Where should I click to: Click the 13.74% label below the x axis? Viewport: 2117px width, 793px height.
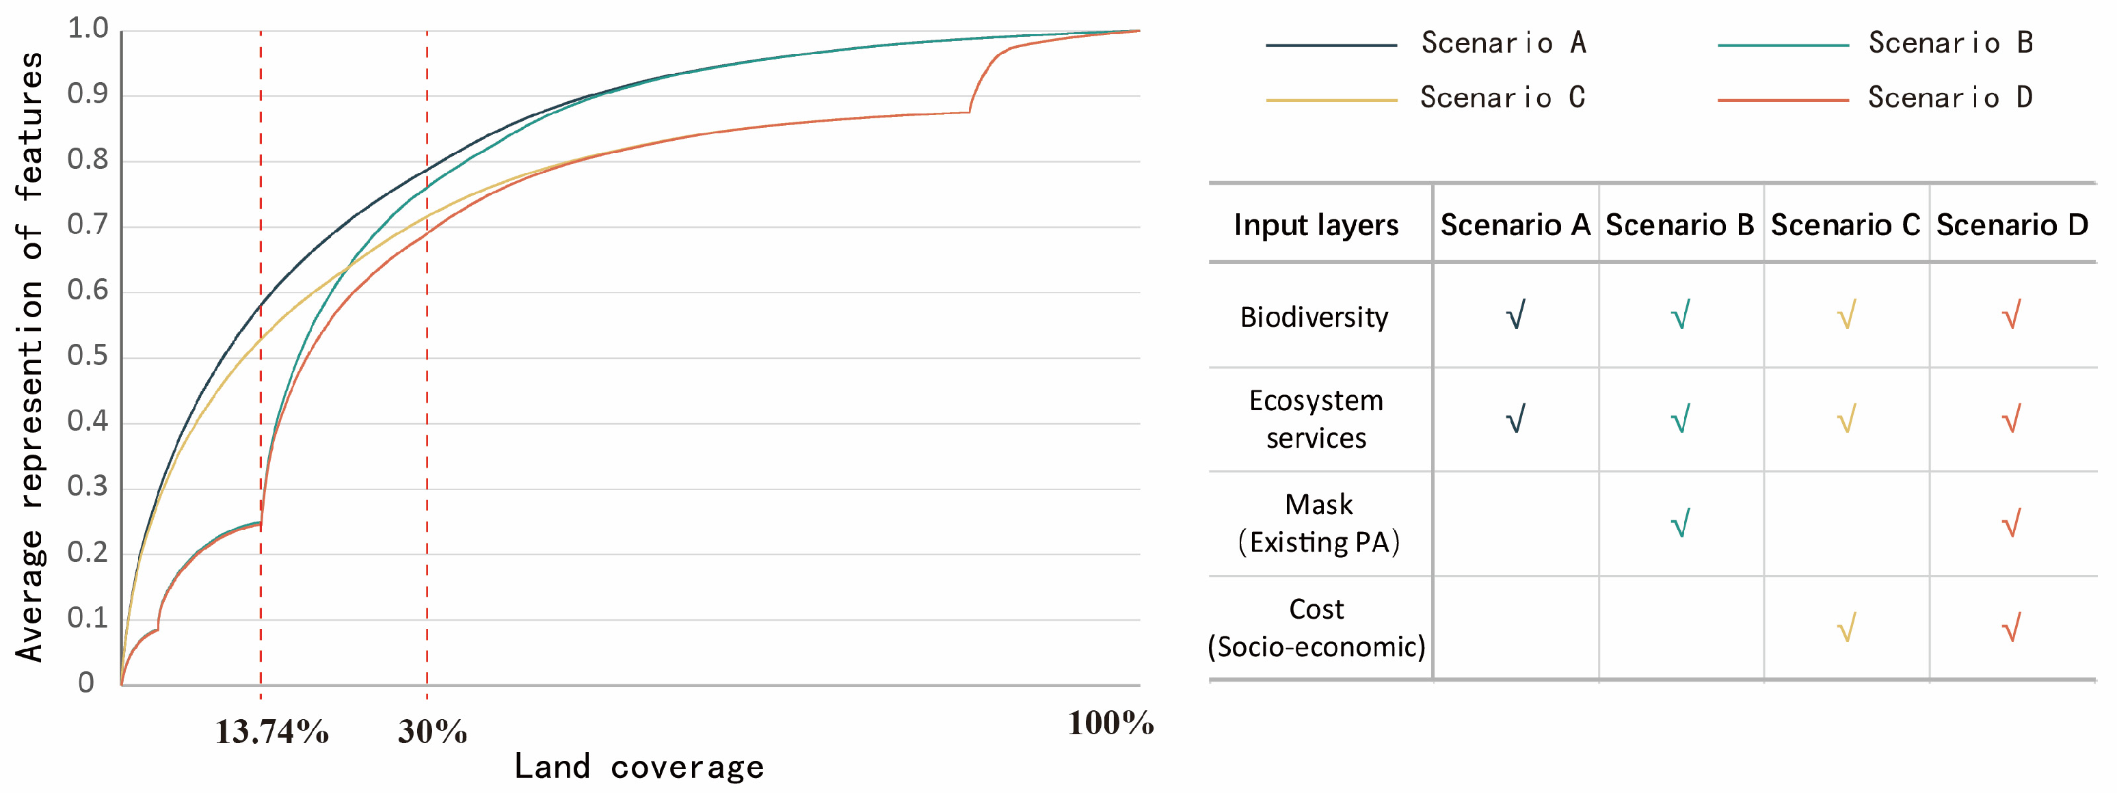pos(271,731)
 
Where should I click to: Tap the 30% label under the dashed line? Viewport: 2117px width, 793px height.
pos(432,731)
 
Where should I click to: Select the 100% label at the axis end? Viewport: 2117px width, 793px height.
pos(1110,723)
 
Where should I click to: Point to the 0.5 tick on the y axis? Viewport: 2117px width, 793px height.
pos(87,355)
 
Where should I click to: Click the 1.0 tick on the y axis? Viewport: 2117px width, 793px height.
pos(87,29)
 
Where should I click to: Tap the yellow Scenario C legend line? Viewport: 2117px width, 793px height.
pos(1331,99)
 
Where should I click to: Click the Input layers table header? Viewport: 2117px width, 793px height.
pos(1316,224)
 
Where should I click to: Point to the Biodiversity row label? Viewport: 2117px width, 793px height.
pos(1314,317)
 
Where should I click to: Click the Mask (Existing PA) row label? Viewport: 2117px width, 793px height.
pos(1318,524)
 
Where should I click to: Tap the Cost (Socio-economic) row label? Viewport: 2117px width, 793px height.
pos(1316,628)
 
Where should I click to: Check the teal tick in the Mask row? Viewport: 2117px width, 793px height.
pos(1681,523)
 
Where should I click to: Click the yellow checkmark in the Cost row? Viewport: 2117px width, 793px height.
pos(1846,627)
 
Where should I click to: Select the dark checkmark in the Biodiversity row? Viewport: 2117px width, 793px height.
pos(1515,314)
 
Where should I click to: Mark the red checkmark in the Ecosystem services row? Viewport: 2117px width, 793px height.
pos(2011,418)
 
